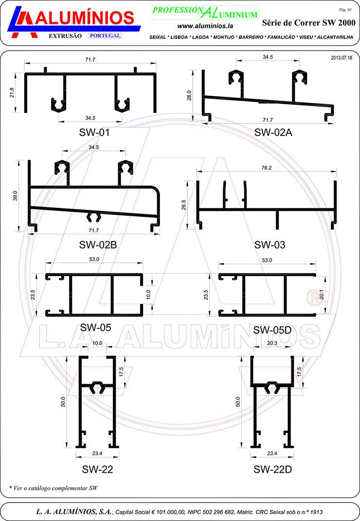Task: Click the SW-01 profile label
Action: coord(94,132)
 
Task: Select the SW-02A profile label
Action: coord(273,132)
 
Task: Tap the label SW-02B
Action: coord(98,245)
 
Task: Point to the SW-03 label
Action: coord(270,245)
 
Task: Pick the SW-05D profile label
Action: coord(272,330)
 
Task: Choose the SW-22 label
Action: coord(98,469)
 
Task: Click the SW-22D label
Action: coord(272,469)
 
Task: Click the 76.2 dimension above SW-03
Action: coord(266,168)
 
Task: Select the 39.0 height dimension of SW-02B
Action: coord(15,196)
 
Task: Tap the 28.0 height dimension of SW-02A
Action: coord(189,95)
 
